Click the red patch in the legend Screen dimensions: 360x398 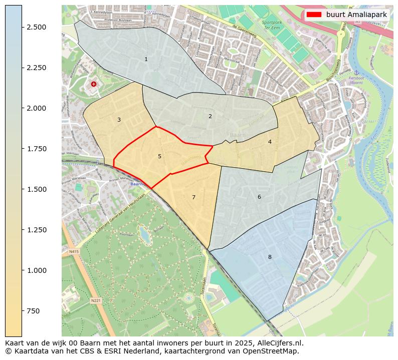[x=314, y=15]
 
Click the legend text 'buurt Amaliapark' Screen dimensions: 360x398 [x=356, y=15]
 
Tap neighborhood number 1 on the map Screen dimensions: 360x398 [x=146, y=59]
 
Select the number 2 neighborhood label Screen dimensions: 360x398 [x=210, y=116]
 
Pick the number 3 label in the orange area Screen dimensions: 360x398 [x=119, y=120]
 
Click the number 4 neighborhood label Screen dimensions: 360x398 [x=270, y=142]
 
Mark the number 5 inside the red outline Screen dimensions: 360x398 [x=159, y=156]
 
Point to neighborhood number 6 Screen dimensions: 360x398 [x=259, y=197]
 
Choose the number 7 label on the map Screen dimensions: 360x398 [x=193, y=197]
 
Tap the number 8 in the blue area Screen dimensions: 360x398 [x=270, y=257]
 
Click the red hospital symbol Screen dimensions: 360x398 [x=94, y=84]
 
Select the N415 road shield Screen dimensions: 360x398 [x=74, y=251]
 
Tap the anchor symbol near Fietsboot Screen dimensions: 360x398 [x=356, y=73]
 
